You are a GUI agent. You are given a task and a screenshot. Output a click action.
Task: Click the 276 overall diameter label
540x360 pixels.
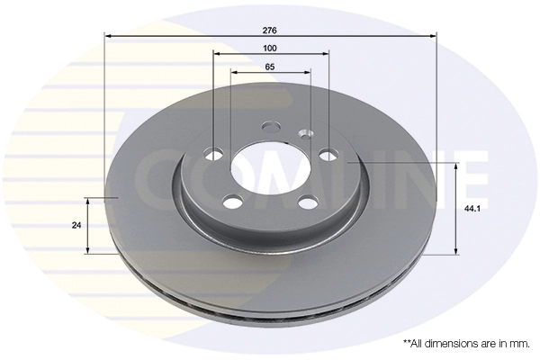click(270, 31)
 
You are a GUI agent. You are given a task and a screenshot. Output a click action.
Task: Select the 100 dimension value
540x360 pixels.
click(270, 49)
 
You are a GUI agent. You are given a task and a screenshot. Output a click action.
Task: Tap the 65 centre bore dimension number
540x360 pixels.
click(270, 67)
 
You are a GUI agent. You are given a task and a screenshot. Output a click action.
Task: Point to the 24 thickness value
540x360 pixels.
click(76, 225)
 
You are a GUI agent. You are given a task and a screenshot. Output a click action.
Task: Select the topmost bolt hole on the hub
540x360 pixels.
click(270, 126)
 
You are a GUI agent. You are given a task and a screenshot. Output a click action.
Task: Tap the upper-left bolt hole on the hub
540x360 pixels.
click(213, 154)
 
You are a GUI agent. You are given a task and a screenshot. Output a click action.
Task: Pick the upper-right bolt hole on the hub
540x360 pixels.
click(328, 154)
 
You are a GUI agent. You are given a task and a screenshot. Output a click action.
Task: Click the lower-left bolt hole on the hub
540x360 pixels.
click(232, 201)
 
